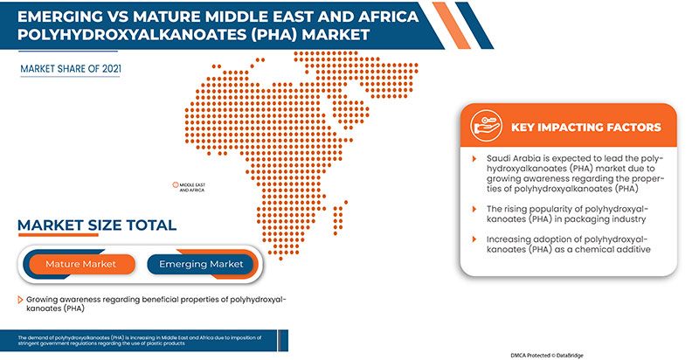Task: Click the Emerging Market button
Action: pos(202,264)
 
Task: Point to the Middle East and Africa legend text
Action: pos(192,187)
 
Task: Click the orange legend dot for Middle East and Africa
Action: pos(174,185)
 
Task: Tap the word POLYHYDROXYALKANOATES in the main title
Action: pos(112,35)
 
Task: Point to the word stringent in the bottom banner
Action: pos(39,343)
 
